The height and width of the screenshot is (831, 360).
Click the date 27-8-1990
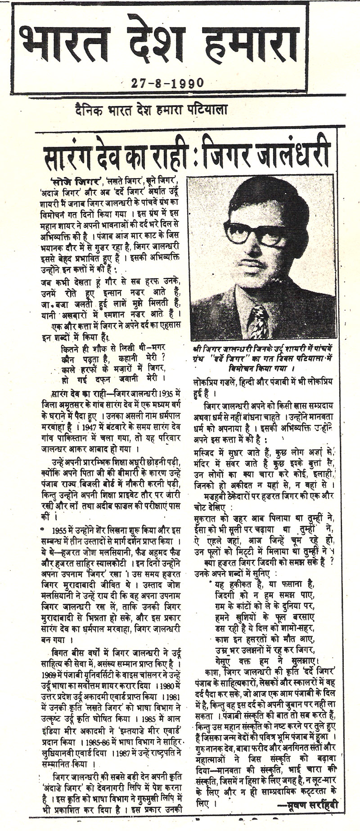pyautogui.click(x=168, y=82)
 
